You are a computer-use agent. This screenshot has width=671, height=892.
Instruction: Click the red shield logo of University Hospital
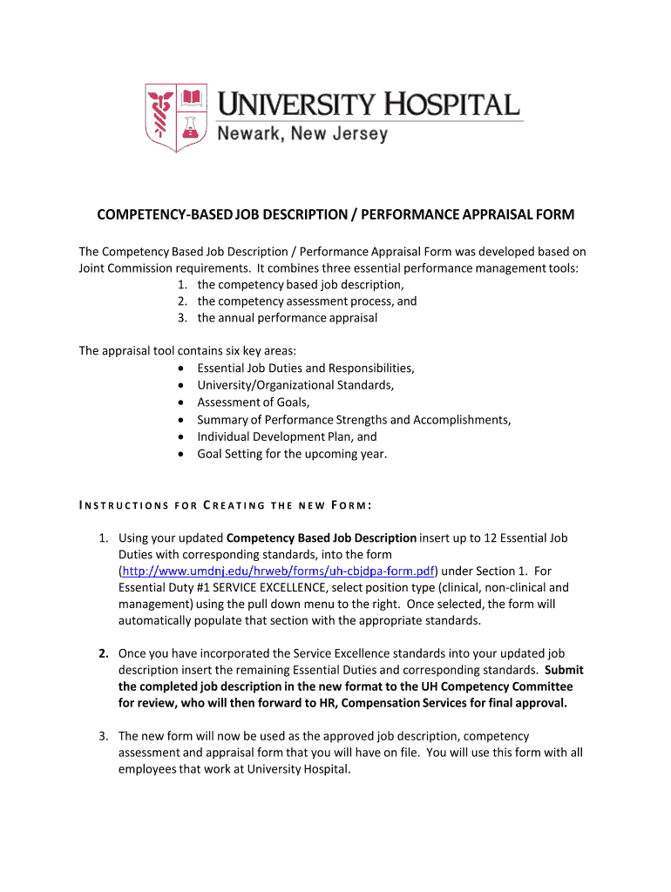[177, 118]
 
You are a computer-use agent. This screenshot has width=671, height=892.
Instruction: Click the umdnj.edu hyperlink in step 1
[278, 571]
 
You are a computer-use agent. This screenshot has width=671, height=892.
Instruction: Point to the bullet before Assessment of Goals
[180, 402]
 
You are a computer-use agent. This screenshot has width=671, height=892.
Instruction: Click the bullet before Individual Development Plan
[180, 437]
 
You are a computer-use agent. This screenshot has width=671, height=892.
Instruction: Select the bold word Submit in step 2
[564, 670]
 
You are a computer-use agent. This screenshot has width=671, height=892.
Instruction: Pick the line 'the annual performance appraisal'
[287, 318]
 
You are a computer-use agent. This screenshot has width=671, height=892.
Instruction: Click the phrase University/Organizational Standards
[295, 385]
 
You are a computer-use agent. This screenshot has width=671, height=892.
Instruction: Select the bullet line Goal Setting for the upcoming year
[292, 454]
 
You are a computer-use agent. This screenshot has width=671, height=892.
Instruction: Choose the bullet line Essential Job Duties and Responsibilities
[306, 368]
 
